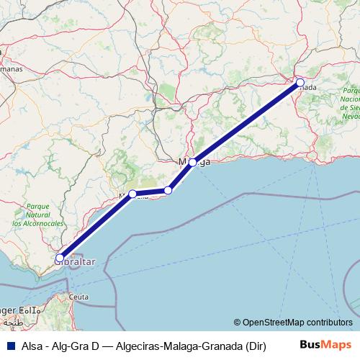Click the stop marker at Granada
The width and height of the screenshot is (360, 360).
[300, 82]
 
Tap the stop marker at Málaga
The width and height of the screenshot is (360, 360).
[193, 162]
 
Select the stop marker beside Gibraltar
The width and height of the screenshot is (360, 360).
[60, 258]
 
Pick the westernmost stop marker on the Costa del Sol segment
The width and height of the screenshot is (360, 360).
[132, 194]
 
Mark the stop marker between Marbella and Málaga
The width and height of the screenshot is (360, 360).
[168, 190]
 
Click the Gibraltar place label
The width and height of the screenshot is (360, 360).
[75, 264]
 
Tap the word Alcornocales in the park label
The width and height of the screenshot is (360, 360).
[38, 224]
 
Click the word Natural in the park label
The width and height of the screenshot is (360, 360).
[39, 215]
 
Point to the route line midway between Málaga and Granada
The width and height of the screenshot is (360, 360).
[246, 122]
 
